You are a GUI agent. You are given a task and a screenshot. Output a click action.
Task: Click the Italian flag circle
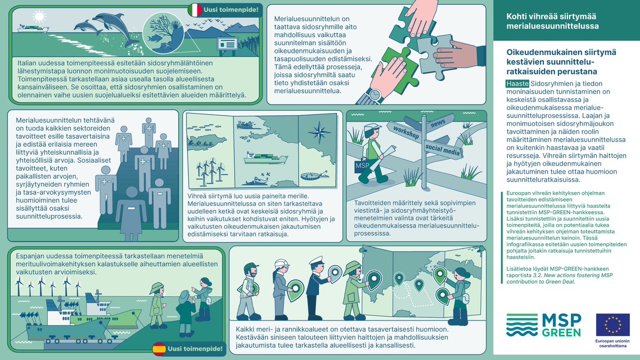pos(195,10)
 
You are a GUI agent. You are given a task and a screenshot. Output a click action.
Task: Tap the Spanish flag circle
pos(159,349)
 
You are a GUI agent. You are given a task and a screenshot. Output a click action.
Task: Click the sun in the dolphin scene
pos(39,17)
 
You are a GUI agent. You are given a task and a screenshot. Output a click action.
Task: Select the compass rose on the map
pos(319,132)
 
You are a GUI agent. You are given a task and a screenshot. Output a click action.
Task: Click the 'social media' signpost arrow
pos(443,149)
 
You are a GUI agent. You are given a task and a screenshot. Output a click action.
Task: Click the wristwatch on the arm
pos(374,95)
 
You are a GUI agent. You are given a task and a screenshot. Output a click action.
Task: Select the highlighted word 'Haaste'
pos(517,84)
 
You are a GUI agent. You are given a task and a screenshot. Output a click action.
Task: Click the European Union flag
pos(613,325)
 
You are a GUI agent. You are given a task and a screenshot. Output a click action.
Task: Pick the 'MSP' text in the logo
pos(562,320)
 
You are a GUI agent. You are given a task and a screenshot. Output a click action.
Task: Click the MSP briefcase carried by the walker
pos(363,166)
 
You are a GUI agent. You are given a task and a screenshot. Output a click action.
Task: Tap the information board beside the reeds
pos(227,44)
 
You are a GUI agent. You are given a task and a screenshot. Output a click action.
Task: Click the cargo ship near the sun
pos(33,29)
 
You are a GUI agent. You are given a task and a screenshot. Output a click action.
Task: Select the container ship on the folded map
pos(266,158)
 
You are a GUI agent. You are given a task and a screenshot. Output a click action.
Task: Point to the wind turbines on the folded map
pos(210,171)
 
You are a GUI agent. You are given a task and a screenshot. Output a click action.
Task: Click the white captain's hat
pos(317,261)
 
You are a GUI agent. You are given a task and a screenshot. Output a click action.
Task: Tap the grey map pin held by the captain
pos(335,274)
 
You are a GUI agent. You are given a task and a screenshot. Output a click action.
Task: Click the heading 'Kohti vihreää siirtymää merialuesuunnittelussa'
pos(553,21)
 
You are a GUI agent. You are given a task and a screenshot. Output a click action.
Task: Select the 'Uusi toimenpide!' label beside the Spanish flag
pos(195,349)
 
